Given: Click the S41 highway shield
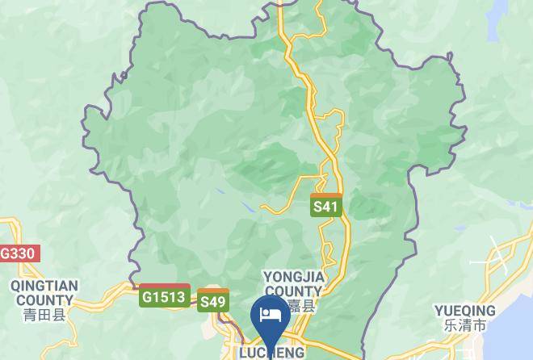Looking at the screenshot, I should tap(325, 206).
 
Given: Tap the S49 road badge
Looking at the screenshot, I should tap(213, 301).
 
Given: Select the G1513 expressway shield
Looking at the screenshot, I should tap(165, 297).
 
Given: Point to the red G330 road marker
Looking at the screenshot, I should tap(18, 253).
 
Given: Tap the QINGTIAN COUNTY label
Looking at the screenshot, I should tap(44, 292).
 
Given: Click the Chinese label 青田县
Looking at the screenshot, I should tap(44, 314).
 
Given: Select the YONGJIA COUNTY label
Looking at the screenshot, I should tap(293, 284).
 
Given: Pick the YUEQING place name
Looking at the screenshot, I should tap(465, 311).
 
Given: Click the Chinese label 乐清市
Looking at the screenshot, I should tap(465, 326).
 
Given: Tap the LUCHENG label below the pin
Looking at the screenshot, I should tap(271, 353).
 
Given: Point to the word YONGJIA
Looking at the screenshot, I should tap(293, 277).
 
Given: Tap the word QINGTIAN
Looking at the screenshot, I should tap(44, 286).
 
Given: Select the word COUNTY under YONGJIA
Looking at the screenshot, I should tap(293, 291).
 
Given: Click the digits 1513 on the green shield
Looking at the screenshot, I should tap(170, 297).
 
